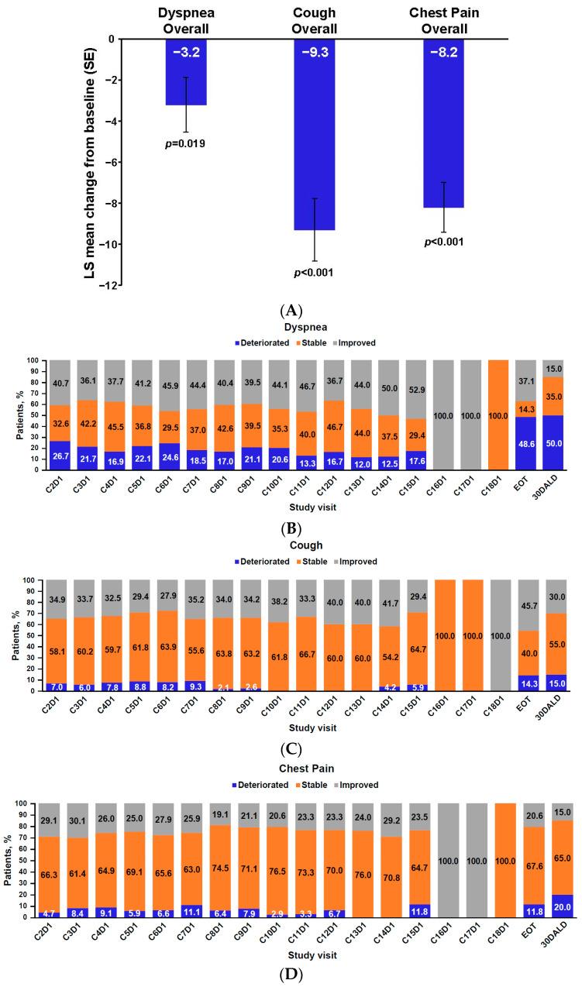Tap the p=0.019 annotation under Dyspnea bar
tap(185, 143)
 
